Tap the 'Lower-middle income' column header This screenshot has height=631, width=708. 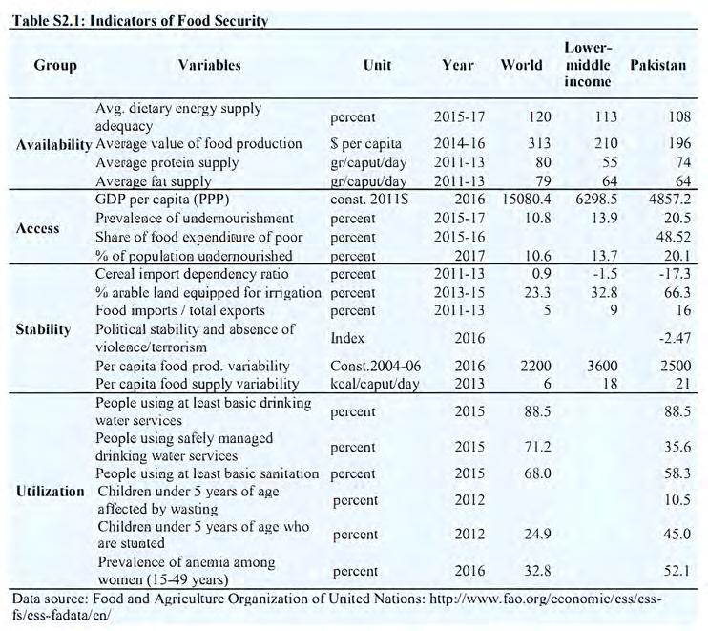click(587, 65)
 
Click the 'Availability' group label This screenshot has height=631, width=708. click(52, 144)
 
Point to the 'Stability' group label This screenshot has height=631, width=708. click(43, 329)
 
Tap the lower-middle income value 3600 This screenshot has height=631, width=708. click(592, 366)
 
